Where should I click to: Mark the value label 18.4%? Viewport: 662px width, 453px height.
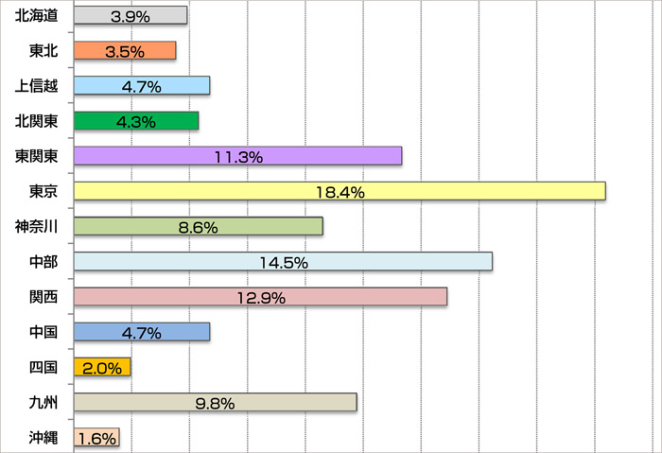340,192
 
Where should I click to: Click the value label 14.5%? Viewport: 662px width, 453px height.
283,262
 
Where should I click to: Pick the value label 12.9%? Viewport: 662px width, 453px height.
260,297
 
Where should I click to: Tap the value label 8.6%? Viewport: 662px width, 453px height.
198,227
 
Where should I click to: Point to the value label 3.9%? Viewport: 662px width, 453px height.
131,17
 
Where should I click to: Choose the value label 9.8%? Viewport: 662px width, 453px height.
215,402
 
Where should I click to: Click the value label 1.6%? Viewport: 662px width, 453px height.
96,438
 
